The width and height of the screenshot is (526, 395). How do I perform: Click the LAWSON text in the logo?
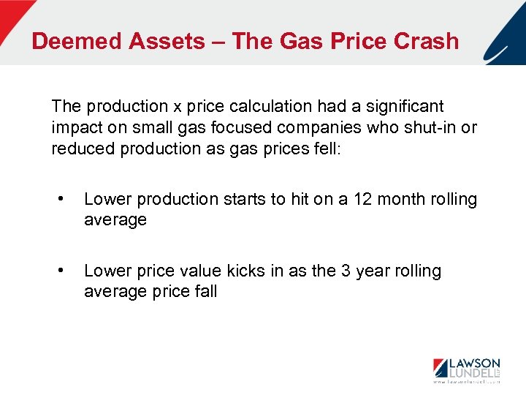coord(473,364)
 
